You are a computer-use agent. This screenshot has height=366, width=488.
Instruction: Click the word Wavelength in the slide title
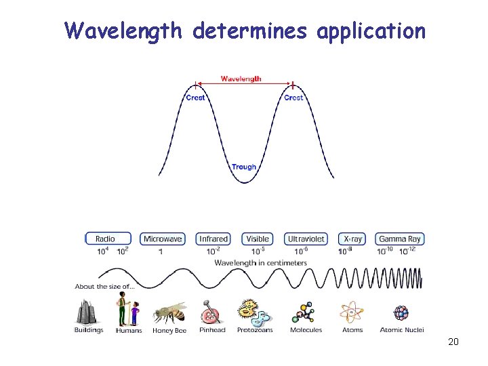point(123,31)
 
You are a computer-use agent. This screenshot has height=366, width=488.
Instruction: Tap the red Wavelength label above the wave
point(241,79)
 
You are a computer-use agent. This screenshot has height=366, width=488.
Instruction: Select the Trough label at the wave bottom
point(244,167)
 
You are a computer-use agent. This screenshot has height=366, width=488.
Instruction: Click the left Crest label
point(196,98)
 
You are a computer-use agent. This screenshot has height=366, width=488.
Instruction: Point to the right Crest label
point(293,98)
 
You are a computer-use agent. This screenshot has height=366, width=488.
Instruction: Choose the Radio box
point(105,239)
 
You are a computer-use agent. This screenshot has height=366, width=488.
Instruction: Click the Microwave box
point(163,239)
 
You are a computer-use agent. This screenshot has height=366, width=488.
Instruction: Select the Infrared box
point(213,239)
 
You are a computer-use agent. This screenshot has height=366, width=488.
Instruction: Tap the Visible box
point(258,239)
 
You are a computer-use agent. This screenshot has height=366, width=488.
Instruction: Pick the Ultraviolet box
point(306,239)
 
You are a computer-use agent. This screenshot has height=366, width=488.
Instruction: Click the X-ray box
point(353,239)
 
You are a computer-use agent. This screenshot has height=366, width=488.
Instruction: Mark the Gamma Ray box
point(400,239)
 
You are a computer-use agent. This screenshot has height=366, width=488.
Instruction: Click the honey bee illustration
point(169,312)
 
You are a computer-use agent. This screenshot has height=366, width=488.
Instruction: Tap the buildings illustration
point(87,311)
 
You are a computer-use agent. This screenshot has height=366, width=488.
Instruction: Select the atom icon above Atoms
point(352,312)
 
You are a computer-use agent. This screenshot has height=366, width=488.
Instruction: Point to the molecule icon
point(304,312)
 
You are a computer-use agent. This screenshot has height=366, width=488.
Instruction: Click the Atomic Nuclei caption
point(402,330)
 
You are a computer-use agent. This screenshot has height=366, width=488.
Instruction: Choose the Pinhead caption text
point(212,330)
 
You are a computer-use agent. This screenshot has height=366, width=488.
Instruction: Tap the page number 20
point(453,342)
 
